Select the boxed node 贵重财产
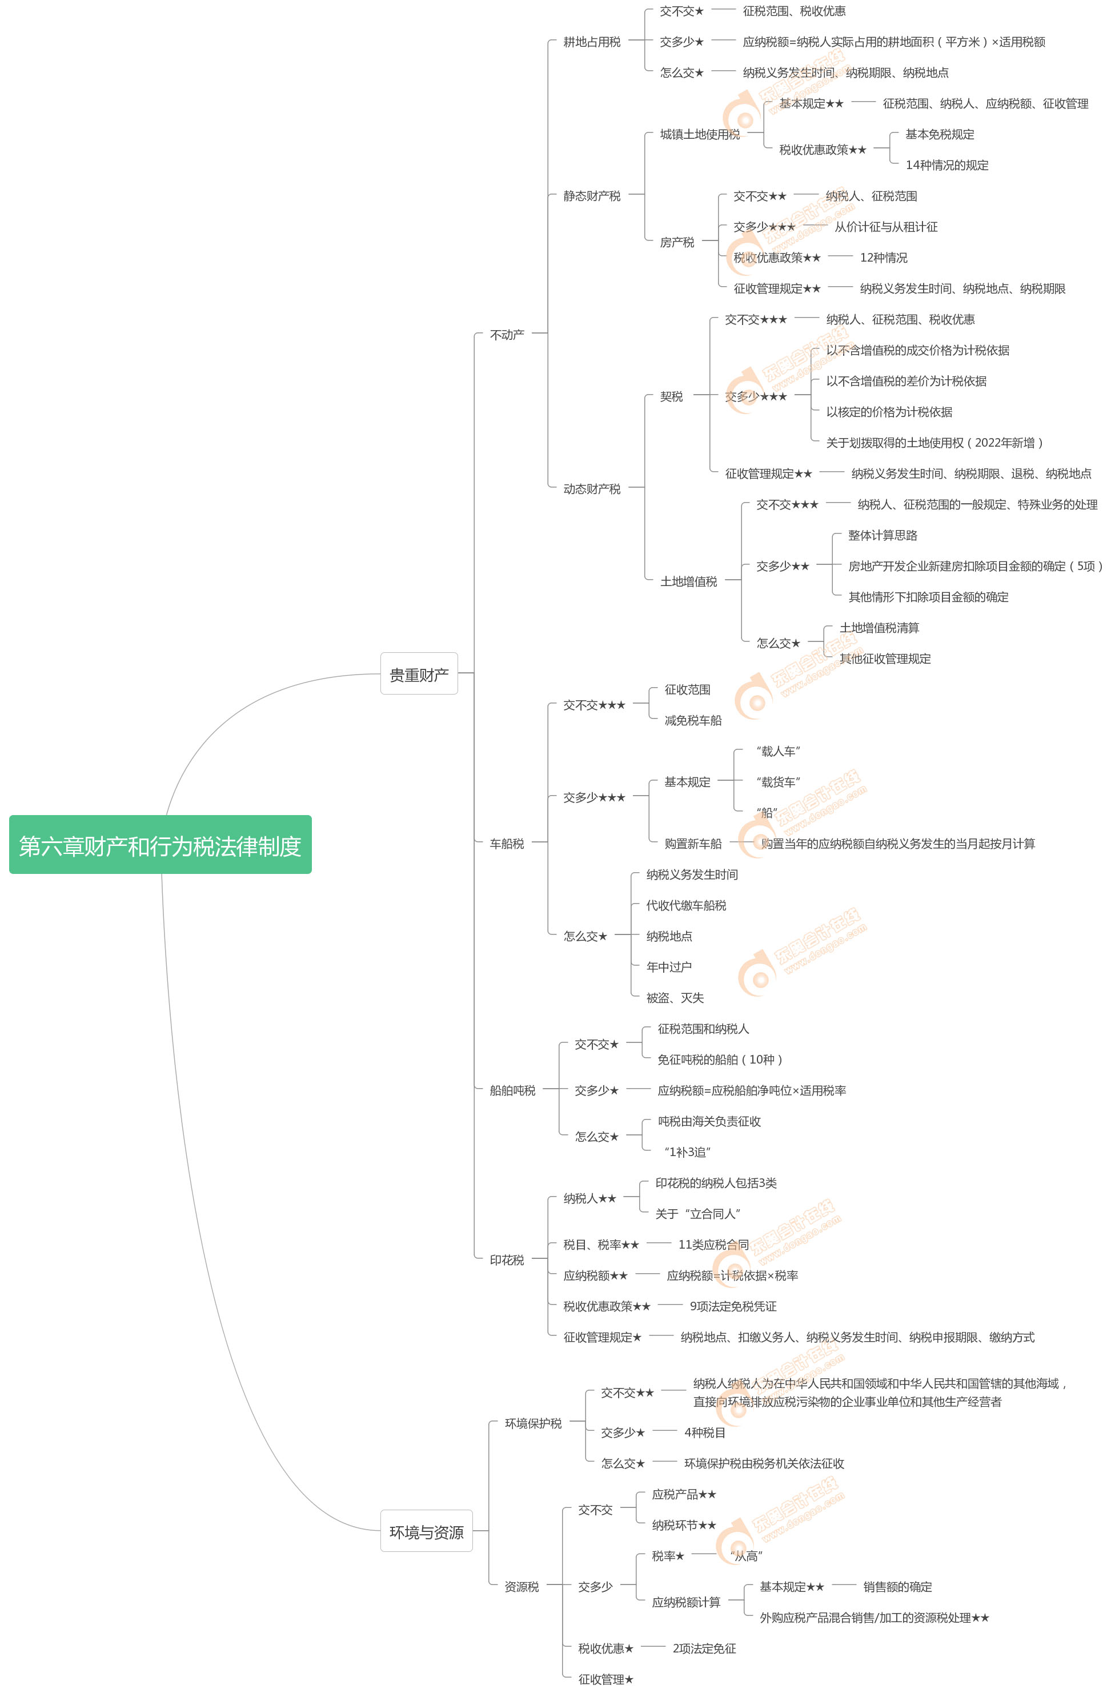(x=419, y=673)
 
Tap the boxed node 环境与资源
(x=426, y=1531)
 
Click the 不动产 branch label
(x=507, y=335)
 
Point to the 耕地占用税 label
(x=592, y=42)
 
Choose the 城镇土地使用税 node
(x=699, y=134)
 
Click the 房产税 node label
(x=676, y=243)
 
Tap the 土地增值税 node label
(x=688, y=581)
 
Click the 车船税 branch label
(x=507, y=844)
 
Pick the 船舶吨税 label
(x=512, y=1090)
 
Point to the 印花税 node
(x=507, y=1260)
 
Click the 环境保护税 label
(x=533, y=1423)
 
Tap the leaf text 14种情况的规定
(x=946, y=166)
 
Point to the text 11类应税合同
(x=713, y=1245)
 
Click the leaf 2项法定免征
(x=704, y=1648)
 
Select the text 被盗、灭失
(x=675, y=998)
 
